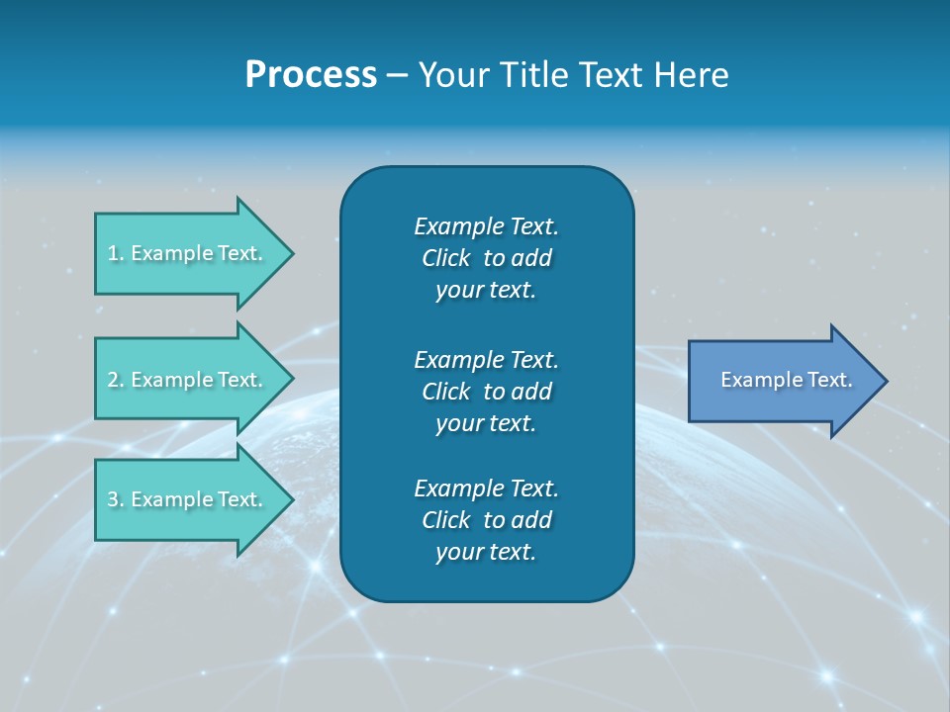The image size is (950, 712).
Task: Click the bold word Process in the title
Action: [311, 75]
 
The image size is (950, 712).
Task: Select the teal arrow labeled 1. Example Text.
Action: [188, 253]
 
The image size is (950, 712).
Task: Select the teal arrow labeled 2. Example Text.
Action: [188, 380]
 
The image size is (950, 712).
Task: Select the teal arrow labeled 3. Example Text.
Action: [188, 499]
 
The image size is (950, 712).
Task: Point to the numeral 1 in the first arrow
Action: [112, 253]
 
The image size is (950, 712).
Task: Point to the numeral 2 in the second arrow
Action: [112, 380]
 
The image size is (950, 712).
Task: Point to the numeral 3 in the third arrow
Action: [112, 499]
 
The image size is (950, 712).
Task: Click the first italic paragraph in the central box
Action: [486, 258]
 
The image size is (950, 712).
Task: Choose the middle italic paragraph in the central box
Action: [486, 391]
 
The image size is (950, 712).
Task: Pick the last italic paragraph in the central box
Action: [486, 520]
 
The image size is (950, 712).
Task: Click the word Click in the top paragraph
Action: [445, 258]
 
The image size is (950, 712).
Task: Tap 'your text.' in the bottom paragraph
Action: [486, 552]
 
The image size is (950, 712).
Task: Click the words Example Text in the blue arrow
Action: [786, 380]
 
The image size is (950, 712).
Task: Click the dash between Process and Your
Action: [397, 76]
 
